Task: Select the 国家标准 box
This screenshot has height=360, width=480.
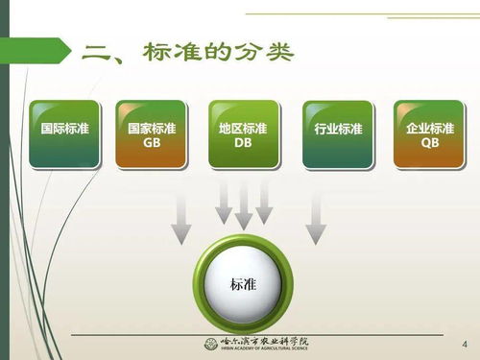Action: [152, 134]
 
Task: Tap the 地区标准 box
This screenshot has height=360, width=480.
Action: [243, 134]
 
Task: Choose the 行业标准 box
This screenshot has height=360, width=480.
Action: [337, 134]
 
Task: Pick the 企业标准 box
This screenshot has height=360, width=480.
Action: [429, 134]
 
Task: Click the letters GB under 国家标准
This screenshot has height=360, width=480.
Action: [152, 144]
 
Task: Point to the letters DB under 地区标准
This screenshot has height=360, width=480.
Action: [243, 144]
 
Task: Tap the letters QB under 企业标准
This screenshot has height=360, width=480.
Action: [429, 144]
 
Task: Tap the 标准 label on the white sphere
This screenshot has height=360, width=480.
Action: [243, 285]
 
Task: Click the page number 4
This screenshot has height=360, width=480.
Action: [466, 344]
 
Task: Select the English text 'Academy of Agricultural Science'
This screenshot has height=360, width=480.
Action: [273, 349]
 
